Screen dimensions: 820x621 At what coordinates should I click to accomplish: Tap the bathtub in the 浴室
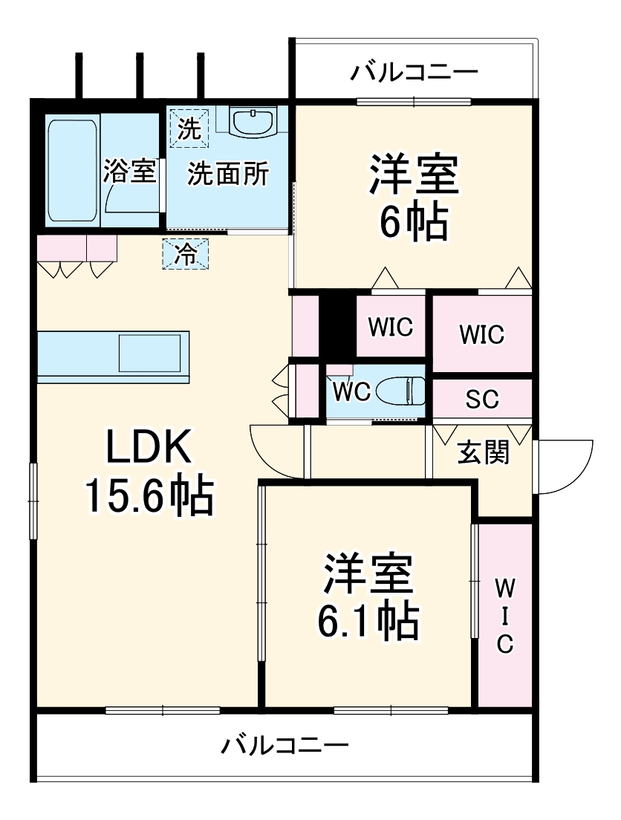(72, 171)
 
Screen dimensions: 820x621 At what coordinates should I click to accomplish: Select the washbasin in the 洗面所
(253, 122)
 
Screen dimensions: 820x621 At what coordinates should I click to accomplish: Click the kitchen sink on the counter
(151, 352)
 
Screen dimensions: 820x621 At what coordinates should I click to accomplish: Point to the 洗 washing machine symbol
(189, 129)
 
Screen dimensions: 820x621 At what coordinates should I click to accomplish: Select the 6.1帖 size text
(367, 621)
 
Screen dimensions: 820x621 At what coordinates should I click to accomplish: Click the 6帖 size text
(414, 221)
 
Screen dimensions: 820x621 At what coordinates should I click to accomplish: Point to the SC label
(482, 400)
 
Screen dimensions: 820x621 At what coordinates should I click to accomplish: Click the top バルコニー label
(414, 72)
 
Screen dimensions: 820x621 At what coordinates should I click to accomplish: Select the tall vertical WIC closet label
(504, 616)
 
